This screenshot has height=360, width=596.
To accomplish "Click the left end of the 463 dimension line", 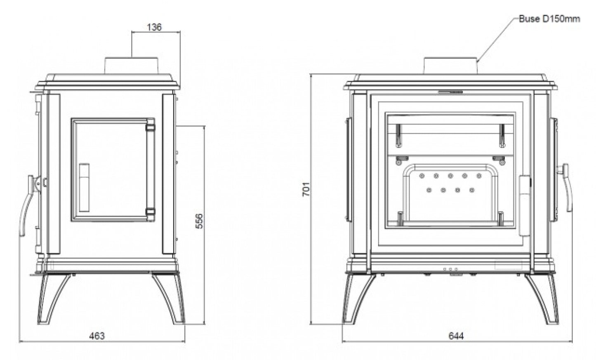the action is coord(19,341).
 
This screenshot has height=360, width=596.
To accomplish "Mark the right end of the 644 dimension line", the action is coord(572,341).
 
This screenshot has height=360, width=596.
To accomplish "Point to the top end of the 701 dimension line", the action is coord(311,74).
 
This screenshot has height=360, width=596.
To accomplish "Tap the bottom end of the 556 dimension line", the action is coord(204,324).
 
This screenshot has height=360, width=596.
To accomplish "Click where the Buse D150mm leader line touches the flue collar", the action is coord(477,62).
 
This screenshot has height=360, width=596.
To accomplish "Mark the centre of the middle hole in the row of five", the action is coord(450,176).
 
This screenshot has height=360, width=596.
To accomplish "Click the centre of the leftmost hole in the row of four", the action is coord(429,190).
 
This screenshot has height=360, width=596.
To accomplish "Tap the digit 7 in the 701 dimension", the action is coord(306,193).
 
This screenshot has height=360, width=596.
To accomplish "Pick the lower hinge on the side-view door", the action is coord(150,212).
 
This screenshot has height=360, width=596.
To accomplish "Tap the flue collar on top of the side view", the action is coord(132,66).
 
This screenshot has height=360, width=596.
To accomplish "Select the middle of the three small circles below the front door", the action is coord(450,269).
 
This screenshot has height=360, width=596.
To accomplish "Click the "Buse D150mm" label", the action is coord(549,19).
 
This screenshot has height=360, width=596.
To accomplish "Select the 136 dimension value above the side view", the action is coord(154,27).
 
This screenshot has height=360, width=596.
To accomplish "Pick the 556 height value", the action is coord(199,221).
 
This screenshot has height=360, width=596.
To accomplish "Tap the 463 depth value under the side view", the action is coord(97,336).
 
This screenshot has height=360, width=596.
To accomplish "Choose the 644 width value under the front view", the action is coord(456,336).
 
